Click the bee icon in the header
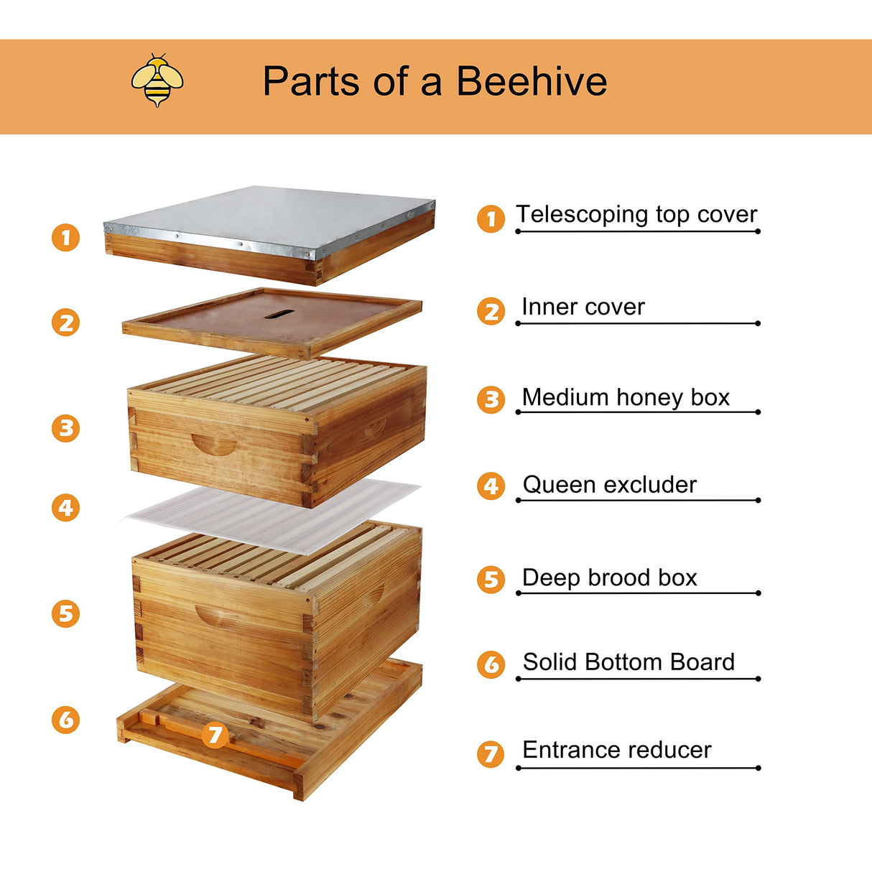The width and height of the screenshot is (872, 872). [157, 80]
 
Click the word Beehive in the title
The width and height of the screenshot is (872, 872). [532, 80]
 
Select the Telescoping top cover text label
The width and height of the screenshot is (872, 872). [636, 214]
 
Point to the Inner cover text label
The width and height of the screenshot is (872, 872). [583, 307]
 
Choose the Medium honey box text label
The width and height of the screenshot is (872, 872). [625, 397]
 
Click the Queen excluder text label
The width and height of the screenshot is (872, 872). [609, 485]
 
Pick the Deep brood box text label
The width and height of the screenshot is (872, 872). [609, 578]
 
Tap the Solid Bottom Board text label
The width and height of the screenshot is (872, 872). [629, 662]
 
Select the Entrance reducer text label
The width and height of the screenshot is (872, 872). [616, 750]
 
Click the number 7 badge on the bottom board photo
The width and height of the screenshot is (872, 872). [215, 734]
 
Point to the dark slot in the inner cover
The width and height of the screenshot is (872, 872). [279, 314]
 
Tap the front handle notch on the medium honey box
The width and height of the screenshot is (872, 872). [214, 445]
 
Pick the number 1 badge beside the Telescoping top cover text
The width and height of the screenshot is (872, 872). [491, 218]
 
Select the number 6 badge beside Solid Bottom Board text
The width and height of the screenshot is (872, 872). [491, 664]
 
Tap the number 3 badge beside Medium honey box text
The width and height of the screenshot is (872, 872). [491, 399]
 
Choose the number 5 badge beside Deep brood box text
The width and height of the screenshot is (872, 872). [491, 580]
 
